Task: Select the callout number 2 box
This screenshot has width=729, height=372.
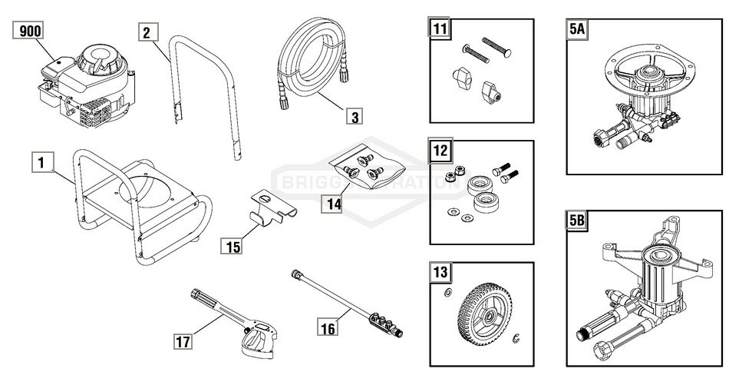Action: tap(149, 32)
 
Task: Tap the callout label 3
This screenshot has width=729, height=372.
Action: tap(353, 118)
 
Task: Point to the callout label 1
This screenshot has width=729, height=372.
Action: tap(41, 162)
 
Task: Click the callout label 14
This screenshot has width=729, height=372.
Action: tap(332, 204)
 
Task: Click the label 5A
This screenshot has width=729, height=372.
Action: tap(578, 31)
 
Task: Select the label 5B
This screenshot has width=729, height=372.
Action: tap(578, 221)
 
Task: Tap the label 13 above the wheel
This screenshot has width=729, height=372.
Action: tap(440, 272)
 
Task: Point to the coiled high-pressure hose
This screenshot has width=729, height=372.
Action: tap(307, 65)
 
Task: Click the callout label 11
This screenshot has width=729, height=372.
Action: tap(440, 31)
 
